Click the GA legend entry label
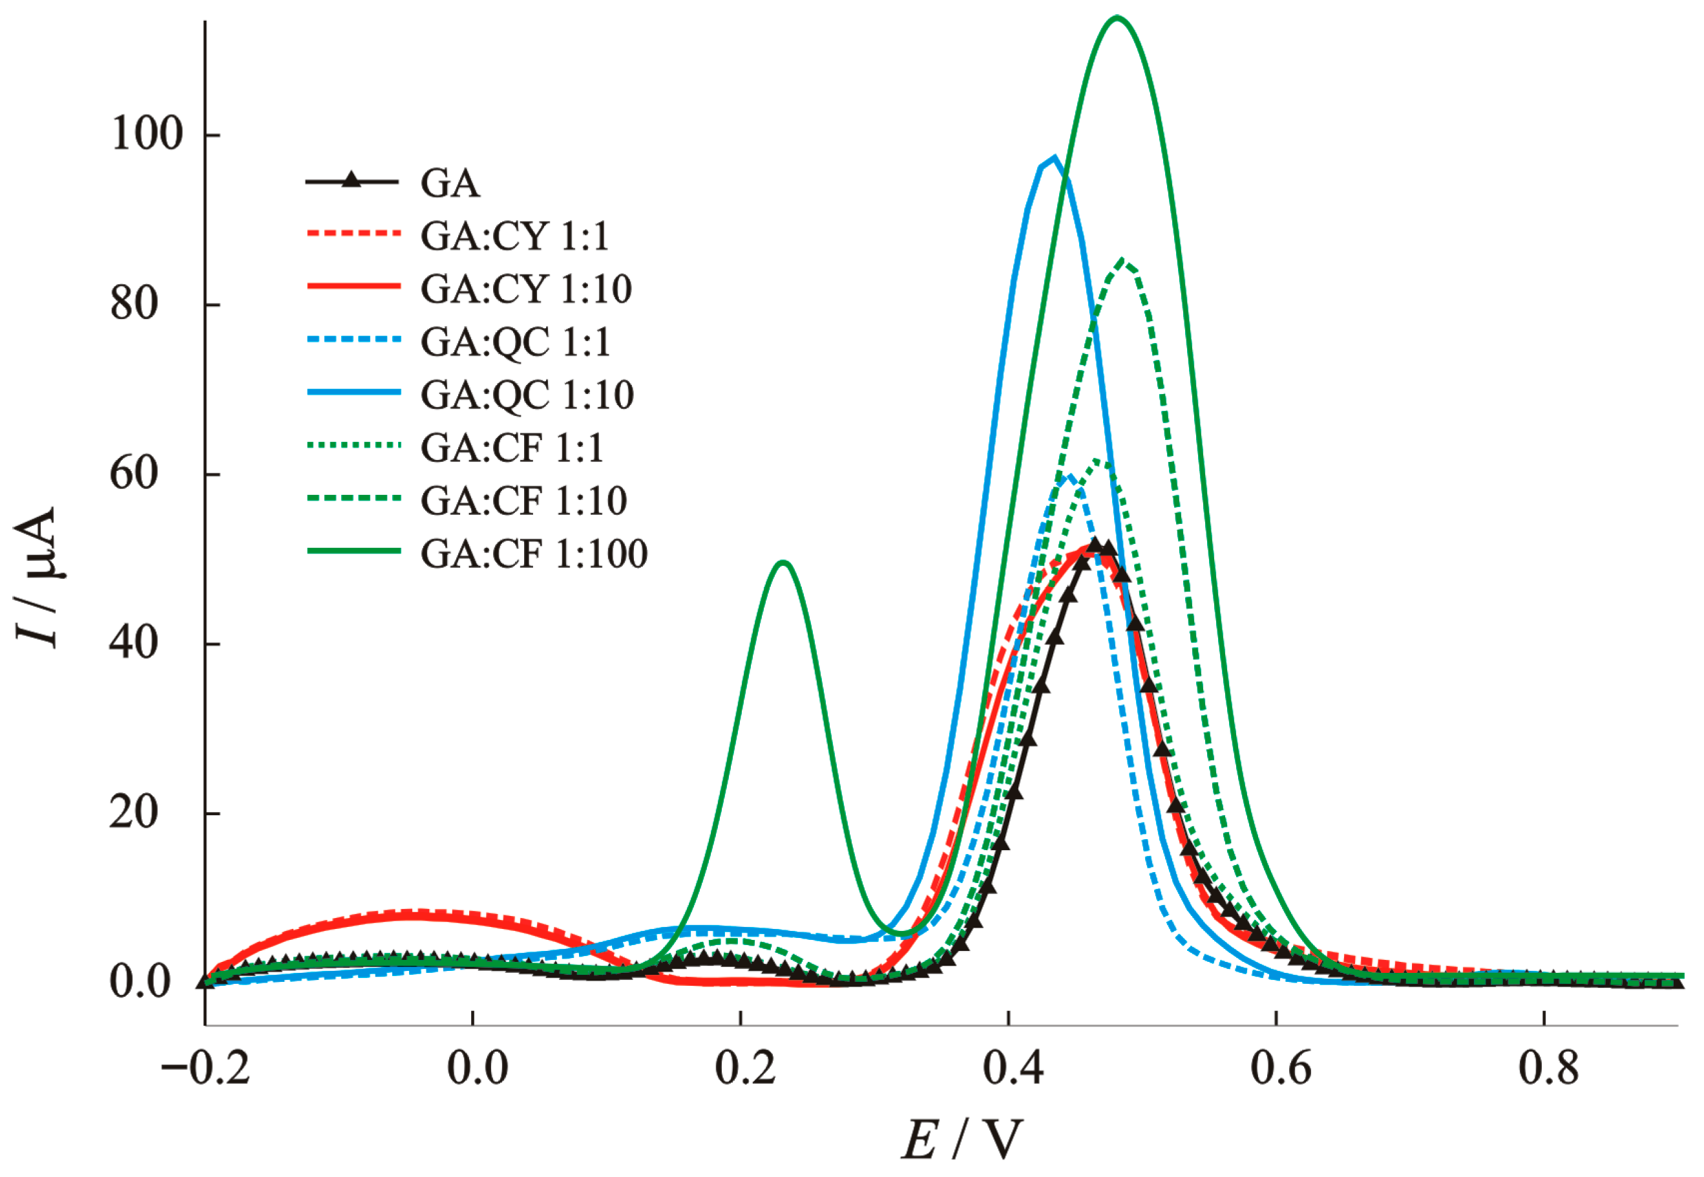tap(450, 183)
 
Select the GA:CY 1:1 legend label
tap(515, 236)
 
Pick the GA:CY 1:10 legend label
tap(526, 289)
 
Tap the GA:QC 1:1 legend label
tap(516, 342)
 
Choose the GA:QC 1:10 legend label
tap(527, 395)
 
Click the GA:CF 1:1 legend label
tap(512, 448)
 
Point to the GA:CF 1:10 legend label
tap(524, 501)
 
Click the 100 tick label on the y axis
tap(146, 134)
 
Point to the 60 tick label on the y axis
tap(134, 474)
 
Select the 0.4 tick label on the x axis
tap(1012, 1068)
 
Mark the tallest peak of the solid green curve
tap(1117, 17)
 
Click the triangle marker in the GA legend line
tap(352, 179)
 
